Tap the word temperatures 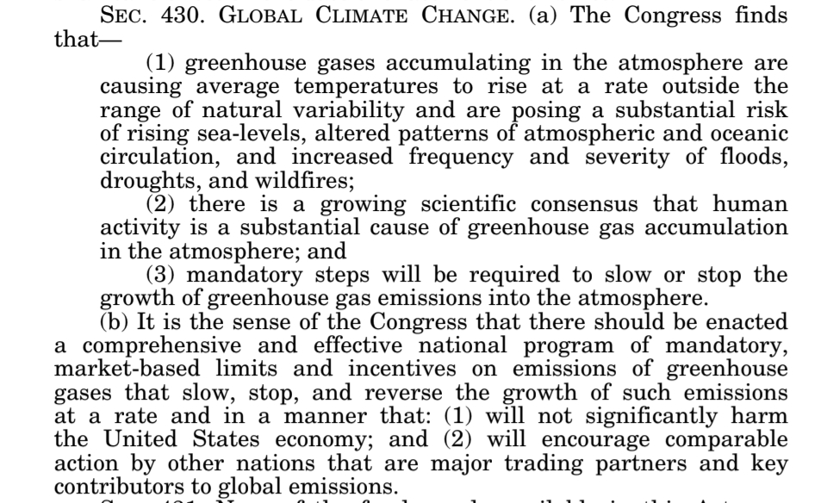pos(322,87)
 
